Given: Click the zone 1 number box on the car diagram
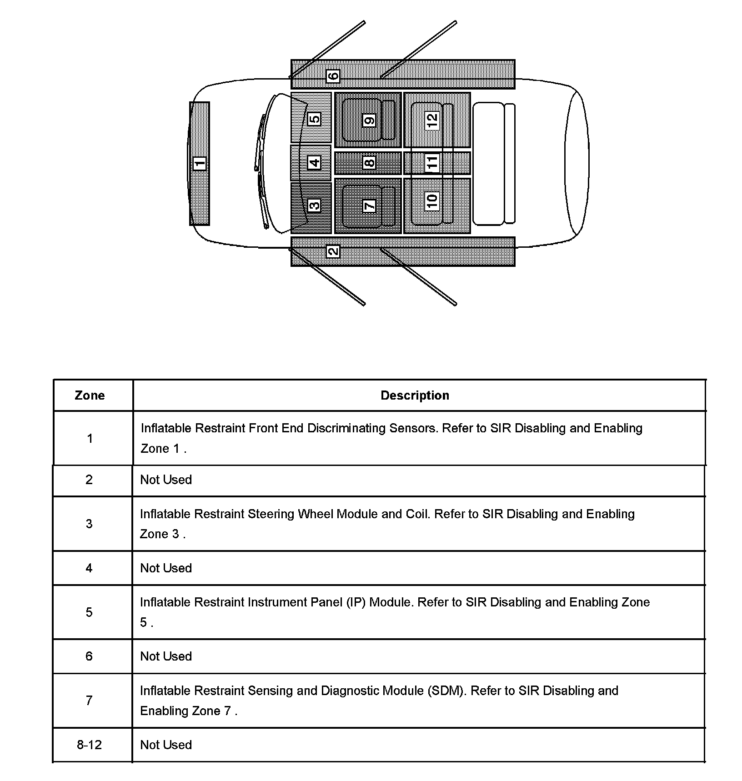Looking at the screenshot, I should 200,163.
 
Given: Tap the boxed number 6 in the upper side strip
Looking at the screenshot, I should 333,76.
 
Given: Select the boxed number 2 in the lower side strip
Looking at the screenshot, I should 333,250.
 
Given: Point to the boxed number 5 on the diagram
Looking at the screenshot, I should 314,119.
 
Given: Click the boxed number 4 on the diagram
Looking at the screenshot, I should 314,162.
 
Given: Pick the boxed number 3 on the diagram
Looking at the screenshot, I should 314,205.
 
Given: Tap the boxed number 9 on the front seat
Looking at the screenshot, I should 369,120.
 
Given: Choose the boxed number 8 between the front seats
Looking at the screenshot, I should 369,162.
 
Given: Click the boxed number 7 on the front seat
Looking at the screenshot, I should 369,205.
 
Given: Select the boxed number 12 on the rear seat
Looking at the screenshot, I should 431,120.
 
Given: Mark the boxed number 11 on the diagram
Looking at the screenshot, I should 431,162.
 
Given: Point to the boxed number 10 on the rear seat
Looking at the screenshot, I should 431,200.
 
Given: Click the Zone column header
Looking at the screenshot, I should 90,396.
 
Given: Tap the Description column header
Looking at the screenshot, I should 415,396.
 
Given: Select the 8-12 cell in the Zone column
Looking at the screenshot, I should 89,745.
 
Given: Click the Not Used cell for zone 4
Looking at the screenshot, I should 166,568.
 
